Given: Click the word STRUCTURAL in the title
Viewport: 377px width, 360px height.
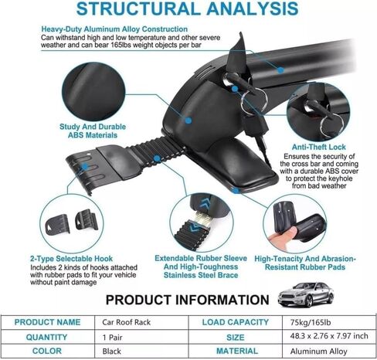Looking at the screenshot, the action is click(x=138, y=8).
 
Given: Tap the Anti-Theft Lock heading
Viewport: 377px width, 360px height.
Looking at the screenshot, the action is click(x=319, y=147).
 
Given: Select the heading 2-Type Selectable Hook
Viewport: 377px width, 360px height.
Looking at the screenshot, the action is click(x=71, y=259).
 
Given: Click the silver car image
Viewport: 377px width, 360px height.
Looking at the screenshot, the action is click(x=306, y=294).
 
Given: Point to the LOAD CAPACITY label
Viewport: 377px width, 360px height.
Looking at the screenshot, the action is click(x=236, y=322).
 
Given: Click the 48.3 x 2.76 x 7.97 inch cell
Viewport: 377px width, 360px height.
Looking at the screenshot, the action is click(x=329, y=336).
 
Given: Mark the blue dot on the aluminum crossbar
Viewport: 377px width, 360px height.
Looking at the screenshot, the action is click(x=280, y=70).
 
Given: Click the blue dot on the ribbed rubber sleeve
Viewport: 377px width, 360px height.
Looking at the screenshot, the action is click(x=157, y=158).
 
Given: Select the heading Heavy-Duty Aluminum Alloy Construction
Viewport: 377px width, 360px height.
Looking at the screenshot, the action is click(x=114, y=29).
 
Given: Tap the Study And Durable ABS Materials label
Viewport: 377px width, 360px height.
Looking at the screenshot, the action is click(x=93, y=131).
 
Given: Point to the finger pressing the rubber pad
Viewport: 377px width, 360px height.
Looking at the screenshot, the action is click(x=283, y=236).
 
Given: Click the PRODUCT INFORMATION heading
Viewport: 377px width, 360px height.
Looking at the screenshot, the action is click(x=187, y=300).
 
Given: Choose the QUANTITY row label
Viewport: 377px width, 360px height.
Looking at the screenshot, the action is click(x=46, y=338).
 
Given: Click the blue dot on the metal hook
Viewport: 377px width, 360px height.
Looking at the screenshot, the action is click(x=85, y=167).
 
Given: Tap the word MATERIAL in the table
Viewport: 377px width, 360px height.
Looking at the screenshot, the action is click(x=237, y=351).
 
